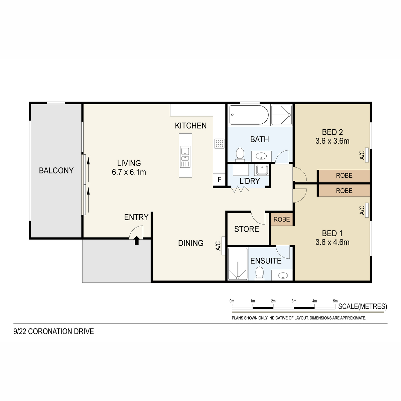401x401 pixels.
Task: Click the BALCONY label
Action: point(56,171)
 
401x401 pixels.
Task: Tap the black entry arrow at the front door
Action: point(137,240)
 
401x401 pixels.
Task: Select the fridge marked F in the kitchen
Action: point(219,179)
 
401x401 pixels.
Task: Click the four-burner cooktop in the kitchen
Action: point(220,143)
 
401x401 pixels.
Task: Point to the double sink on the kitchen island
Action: point(185,154)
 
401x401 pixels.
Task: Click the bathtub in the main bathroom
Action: point(249,115)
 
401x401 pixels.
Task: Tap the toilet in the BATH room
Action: point(240,155)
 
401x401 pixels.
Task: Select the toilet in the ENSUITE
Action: point(260,273)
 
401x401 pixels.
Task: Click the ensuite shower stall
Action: point(238,264)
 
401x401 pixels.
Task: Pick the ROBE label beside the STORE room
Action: point(282,219)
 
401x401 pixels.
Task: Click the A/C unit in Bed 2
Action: point(367,155)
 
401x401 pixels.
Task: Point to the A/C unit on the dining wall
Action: point(224,246)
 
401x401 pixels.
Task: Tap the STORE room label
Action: point(247,229)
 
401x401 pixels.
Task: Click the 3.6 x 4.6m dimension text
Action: point(332,242)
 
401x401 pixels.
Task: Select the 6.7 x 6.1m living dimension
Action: point(129,172)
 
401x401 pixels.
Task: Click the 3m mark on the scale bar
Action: point(294,301)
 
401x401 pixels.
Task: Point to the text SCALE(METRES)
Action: point(363,306)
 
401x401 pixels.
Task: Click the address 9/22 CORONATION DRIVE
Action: point(54,331)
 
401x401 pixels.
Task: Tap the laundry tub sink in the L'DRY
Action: point(262,170)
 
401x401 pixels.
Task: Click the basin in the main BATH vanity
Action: point(261,156)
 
